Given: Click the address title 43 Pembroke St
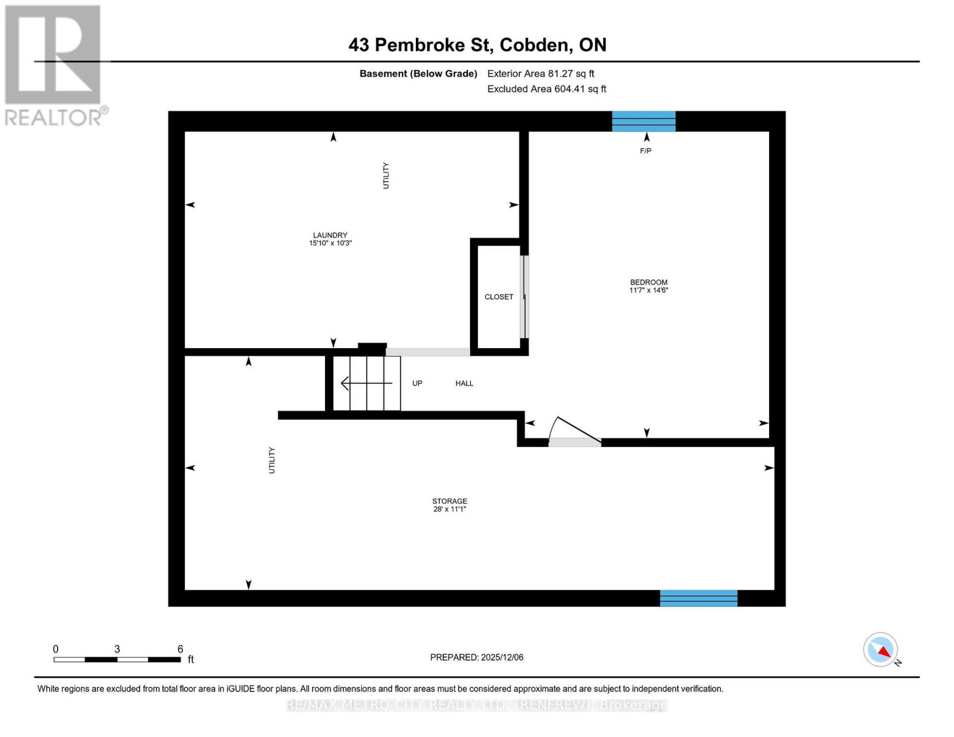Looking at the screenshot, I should click(477, 45).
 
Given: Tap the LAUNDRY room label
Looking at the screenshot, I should click(330, 235).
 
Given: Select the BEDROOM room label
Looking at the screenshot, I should click(648, 283).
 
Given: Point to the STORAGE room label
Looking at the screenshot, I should click(449, 501).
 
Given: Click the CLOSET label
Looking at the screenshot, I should click(499, 297).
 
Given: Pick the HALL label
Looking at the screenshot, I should click(464, 383).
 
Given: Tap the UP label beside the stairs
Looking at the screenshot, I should click(417, 383).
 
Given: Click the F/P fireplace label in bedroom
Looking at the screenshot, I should click(646, 150).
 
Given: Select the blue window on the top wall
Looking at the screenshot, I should click(644, 121).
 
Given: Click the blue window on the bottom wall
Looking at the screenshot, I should click(698, 598).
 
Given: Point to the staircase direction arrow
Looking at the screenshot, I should click(366, 383).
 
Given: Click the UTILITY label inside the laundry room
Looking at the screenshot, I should click(386, 176).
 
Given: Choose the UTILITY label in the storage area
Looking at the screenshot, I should click(272, 460).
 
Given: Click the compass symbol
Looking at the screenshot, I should click(881, 650).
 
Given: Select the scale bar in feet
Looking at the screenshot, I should click(117, 660).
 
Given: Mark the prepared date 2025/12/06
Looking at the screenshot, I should click(477, 657).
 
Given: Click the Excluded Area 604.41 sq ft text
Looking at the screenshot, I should click(546, 89).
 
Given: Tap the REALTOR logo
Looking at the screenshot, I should click(53, 64).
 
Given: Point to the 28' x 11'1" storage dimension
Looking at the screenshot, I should click(449, 509).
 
